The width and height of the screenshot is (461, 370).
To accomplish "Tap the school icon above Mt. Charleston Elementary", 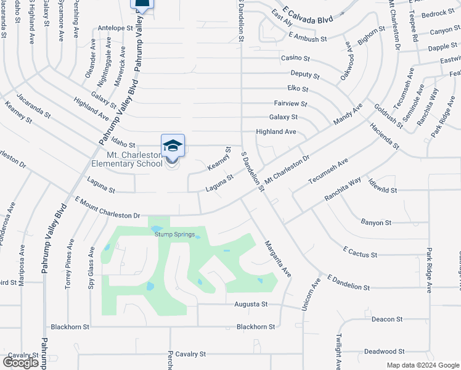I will click(173, 146).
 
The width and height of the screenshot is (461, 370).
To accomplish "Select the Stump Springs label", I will click(175, 234).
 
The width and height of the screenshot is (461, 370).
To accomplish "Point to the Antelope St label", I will click(115, 28).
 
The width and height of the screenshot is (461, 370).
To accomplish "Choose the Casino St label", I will click(295, 58).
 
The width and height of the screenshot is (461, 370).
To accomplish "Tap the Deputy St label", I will click(305, 76).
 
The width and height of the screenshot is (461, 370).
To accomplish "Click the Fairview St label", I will click(290, 104).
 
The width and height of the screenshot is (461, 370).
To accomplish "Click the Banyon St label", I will click(375, 222).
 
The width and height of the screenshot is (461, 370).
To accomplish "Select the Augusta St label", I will click(251, 304).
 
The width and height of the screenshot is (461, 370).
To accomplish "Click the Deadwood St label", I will click(383, 351).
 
